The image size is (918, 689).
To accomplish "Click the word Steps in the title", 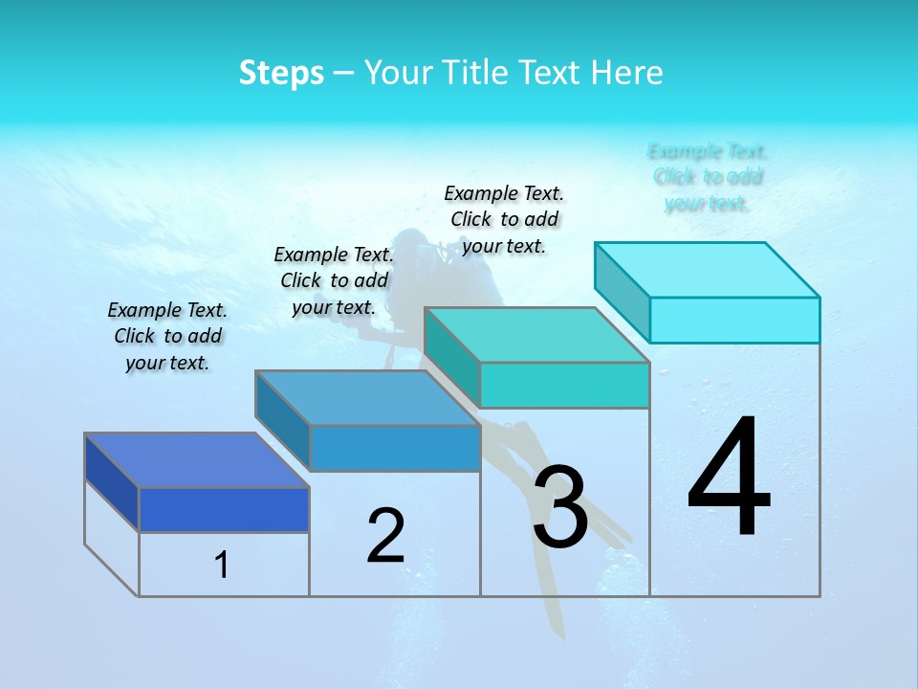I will pos(281,73).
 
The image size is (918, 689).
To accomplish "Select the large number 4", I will pos(729,478).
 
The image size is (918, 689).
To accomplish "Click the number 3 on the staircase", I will pos(560,507).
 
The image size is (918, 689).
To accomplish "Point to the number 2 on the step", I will pos(385,536).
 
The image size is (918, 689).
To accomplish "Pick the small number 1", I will pos(222,566).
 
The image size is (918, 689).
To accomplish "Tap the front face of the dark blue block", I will pos(224,509).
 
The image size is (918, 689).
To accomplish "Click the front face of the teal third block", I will pos(564,385).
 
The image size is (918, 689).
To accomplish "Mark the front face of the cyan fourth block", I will pos(734,320).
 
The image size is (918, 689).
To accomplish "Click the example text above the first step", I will pos(167,336).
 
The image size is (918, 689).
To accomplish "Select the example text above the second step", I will pos(334,280).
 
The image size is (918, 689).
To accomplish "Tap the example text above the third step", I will pos(504,219).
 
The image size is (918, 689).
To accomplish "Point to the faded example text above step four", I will pos(708,177).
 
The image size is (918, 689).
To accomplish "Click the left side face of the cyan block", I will pos(622,291).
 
